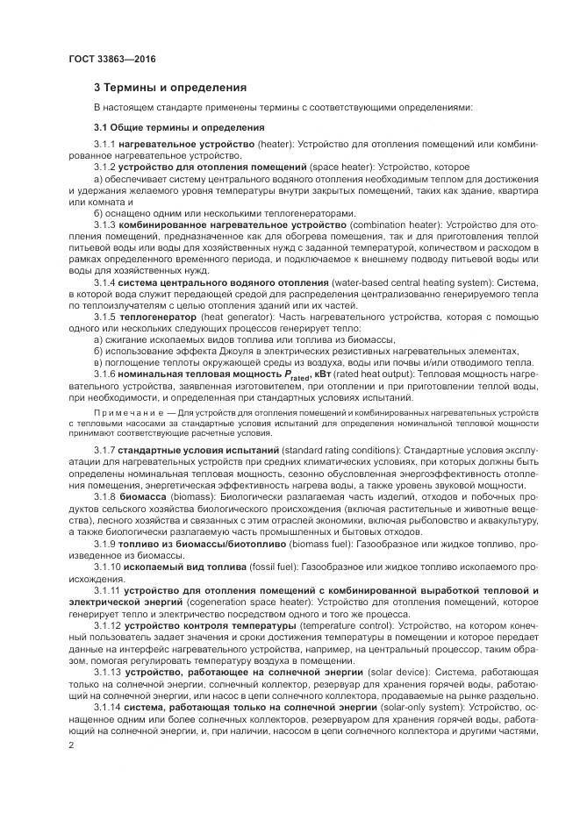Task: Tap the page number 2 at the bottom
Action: point(70,745)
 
